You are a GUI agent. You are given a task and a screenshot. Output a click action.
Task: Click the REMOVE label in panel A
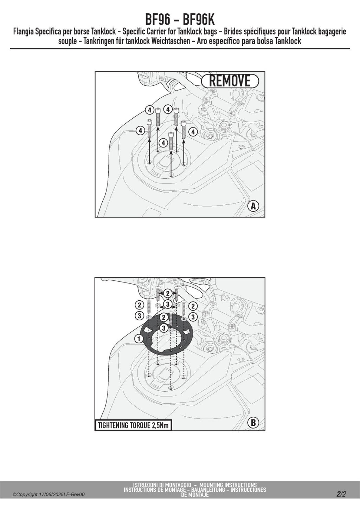(x=230, y=81)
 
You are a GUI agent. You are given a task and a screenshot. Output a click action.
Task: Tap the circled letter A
(x=253, y=206)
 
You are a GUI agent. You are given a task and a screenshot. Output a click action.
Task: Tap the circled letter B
(x=253, y=423)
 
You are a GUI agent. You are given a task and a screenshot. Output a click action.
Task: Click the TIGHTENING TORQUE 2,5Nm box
(x=133, y=425)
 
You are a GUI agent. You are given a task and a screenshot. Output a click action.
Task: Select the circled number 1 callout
(x=139, y=339)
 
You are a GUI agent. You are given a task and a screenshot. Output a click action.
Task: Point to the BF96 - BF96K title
(x=180, y=20)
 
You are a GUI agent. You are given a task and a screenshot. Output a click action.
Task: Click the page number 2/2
(x=341, y=494)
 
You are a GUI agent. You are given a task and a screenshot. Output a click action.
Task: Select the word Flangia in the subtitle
(x=24, y=32)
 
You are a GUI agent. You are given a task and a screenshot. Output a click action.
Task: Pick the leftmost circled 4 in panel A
(x=140, y=131)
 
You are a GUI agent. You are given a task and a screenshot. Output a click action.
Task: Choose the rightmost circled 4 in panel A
(x=193, y=132)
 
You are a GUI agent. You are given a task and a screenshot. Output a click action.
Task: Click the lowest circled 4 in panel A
(x=163, y=143)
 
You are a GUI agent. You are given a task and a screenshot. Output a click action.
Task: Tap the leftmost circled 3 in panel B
(x=139, y=316)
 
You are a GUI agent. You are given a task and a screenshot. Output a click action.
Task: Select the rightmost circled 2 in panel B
(x=193, y=306)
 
